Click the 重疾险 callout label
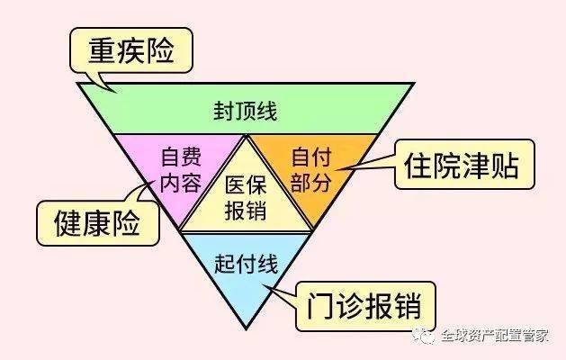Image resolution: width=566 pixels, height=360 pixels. tap(131, 51)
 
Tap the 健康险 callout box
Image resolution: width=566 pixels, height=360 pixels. tap(97, 223)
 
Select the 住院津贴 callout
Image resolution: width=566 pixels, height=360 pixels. tap(464, 165)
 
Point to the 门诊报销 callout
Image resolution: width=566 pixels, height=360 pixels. tap(365, 307)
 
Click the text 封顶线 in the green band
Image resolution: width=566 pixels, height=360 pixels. tap(246, 111)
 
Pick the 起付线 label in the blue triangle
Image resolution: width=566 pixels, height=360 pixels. tap(247, 265)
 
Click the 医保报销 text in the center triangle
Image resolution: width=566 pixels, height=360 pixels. tap(246, 197)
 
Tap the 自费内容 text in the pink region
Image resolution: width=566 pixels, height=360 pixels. tap(181, 170)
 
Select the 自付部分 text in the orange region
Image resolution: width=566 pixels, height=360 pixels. tap(311, 170)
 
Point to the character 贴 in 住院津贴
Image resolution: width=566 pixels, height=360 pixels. tap(506, 166)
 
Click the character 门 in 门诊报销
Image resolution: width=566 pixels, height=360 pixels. tap(319, 307)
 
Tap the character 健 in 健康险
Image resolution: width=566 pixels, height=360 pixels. tap(67, 223)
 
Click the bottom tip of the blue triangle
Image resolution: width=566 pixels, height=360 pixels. tap(247, 328)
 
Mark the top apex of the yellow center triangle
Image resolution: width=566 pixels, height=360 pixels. tap(246, 137)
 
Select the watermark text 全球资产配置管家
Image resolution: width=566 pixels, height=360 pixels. tap(495, 336)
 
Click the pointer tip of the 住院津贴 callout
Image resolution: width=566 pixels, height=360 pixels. tap(337, 170)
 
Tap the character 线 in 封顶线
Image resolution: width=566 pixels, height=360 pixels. tap(266, 111)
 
